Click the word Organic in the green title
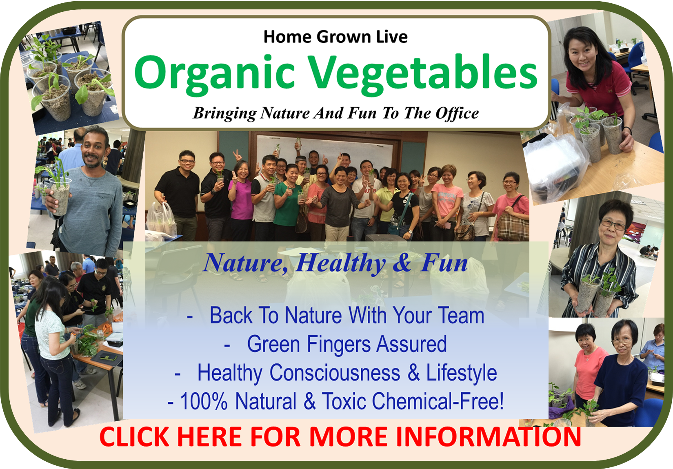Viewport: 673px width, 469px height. click(x=214, y=75)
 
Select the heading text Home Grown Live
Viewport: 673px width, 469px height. click(x=335, y=37)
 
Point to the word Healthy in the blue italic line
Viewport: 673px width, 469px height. click(x=341, y=263)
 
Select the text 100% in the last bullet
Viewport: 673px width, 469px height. click(x=203, y=401)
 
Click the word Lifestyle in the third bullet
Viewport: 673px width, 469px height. click(x=462, y=373)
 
